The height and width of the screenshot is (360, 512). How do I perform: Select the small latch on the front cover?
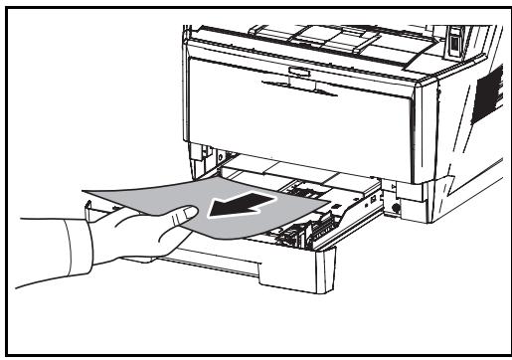[x=296, y=71]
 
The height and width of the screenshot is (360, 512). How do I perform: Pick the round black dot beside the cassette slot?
[x=398, y=209]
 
